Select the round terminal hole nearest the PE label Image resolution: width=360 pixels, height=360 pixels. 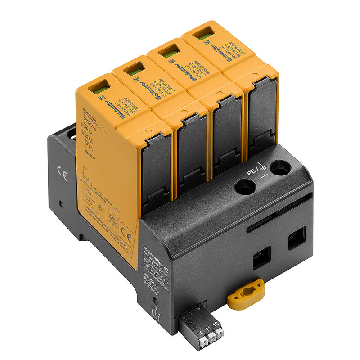pyautogui.click(x=246, y=187)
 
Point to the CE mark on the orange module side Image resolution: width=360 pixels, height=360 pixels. pyautogui.click(x=127, y=238)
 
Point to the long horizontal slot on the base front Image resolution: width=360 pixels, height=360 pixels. pyautogui.click(x=279, y=211)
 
